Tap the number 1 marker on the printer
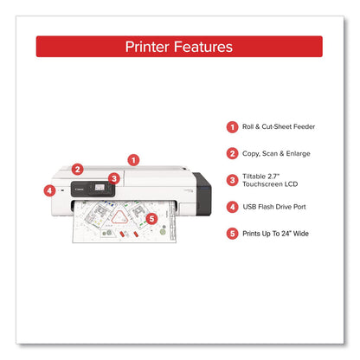(x=132, y=159)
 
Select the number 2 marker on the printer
(x=78, y=170)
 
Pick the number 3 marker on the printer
(x=114, y=177)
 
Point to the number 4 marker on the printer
(x=49, y=190)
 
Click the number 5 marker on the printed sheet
(x=152, y=220)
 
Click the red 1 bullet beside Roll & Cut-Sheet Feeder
(x=233, y=126)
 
